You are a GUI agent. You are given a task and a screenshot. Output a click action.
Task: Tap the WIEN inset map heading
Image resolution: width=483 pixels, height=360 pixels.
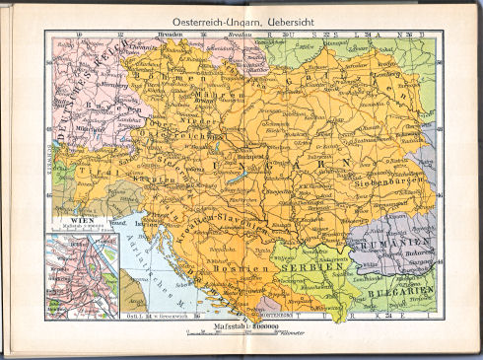71,223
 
